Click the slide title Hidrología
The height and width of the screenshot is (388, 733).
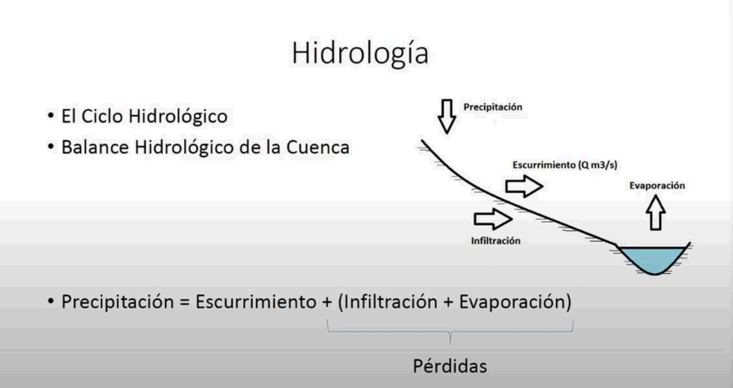(x=360, y=54)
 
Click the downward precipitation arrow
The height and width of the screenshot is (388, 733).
(x=447, y=116)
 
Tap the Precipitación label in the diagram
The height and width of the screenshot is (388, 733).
(x=493, y=108)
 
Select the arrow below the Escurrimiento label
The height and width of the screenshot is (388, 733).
(x=524, y=187)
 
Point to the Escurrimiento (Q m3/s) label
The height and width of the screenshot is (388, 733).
(x=565, y=165)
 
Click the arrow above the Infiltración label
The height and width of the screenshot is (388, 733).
(x=493, y=218)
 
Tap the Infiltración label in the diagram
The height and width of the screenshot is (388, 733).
(x=495, y=241)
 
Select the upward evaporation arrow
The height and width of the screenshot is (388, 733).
(x=656, y=213)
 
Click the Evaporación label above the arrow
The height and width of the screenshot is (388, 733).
(x=657, y=186)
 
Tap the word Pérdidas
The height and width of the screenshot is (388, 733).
(x=450, y=366)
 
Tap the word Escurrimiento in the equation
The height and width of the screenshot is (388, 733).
(x=256, y=301)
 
